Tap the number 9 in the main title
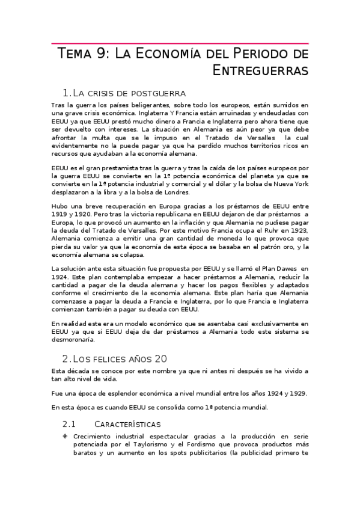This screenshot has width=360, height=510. click(102, 54)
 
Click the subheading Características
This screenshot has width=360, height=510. click(129, 424)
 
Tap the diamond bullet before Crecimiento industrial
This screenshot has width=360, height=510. click(66, 435)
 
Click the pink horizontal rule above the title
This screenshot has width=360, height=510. click(180, 44)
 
